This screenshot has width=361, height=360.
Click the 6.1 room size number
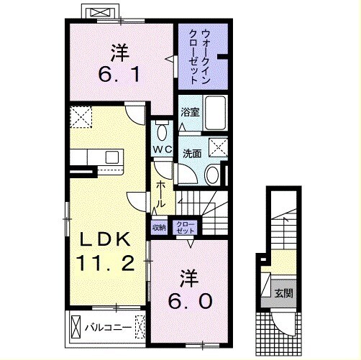point(119,74)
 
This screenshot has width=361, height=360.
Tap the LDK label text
point(106,239)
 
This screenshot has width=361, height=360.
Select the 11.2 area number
point(105,263)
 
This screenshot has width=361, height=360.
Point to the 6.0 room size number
point(190,301)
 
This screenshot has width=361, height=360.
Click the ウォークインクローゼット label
point(200,56)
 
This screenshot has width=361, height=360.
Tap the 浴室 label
point(190,112)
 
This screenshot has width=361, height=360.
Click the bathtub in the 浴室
point(215,113)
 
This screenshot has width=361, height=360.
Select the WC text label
point(163,149)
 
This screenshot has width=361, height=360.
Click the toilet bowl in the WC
point(163,132)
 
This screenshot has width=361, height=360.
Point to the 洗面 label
point(192,154)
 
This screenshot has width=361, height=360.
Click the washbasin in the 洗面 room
point(212,175)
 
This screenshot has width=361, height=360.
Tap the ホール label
point(160,194)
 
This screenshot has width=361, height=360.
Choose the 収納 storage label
point(159,227)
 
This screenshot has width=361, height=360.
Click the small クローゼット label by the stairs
point(185,228)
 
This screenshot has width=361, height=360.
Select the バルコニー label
point(108,327)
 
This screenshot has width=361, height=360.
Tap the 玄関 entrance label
point(283,292)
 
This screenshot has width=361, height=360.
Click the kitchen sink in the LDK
point(112,157)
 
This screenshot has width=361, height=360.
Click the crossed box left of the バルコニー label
point(76,327)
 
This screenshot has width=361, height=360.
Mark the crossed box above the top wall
point(101,12)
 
